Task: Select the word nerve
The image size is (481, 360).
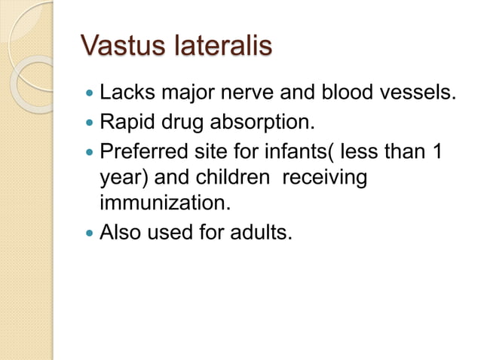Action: (x=247, y=94)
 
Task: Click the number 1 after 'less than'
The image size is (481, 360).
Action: (x=437, y=150)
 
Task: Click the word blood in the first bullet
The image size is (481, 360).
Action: (x=339, y=94)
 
